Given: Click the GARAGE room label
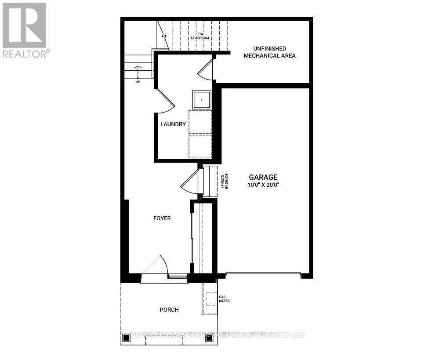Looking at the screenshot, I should click(x=264, y=177).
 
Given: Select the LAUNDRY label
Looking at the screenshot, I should click(x=173, y=124).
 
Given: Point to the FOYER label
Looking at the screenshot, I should click(x=162, y=218).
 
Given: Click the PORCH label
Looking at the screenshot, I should click(x=169, y=309).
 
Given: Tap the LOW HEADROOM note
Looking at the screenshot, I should click(x=199, y=36).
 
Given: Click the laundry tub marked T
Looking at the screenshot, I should click(x=202, y=100).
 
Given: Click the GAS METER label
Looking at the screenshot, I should click(x=224, y=299).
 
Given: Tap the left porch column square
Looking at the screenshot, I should click(x=127, y=338).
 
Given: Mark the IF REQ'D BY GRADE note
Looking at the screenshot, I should click(x=225, y=181).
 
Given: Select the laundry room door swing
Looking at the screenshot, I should click(x=166, y=99).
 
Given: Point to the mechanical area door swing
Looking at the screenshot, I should click(x=206, y=69).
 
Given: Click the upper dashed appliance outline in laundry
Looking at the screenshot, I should click(x=200, y=122).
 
